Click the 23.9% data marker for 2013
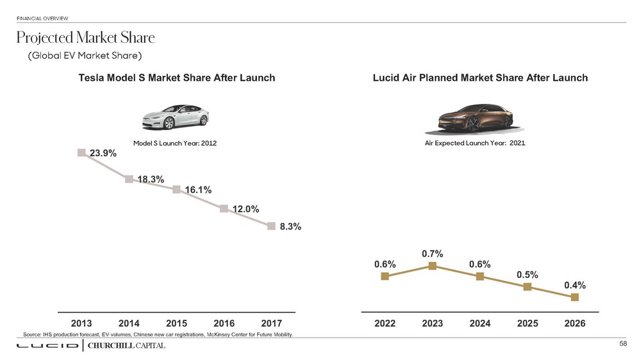81,152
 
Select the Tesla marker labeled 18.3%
129,179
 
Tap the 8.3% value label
290,226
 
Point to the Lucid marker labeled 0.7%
433,266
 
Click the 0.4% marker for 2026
575,297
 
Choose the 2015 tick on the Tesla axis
176,324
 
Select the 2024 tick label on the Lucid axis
479,324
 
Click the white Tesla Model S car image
175,117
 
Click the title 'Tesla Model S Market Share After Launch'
176,78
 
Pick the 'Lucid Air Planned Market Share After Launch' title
480,78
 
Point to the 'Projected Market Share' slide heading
85,37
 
